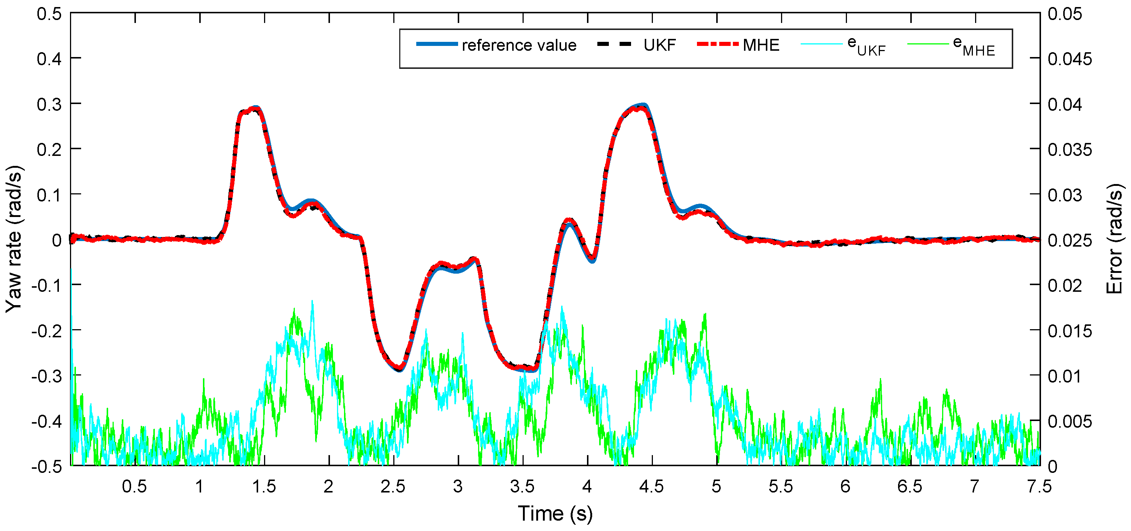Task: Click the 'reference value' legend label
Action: pos(518,45)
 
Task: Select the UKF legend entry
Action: pos(660,45)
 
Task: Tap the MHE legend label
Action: pos(761,45)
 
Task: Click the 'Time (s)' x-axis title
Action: pos(555,514)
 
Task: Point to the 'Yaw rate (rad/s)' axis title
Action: pos(14,239)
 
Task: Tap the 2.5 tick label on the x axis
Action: pos(393,486)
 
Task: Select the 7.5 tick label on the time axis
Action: pos(1039,486)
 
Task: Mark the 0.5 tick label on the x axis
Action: pos(134,486)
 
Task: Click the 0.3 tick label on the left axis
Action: pos(49,104)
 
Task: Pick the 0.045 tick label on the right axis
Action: pos(1070,59)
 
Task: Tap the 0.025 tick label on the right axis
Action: pos(1070,240)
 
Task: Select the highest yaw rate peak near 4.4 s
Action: pos(642,106)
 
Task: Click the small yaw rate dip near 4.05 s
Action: pos(592,260)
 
